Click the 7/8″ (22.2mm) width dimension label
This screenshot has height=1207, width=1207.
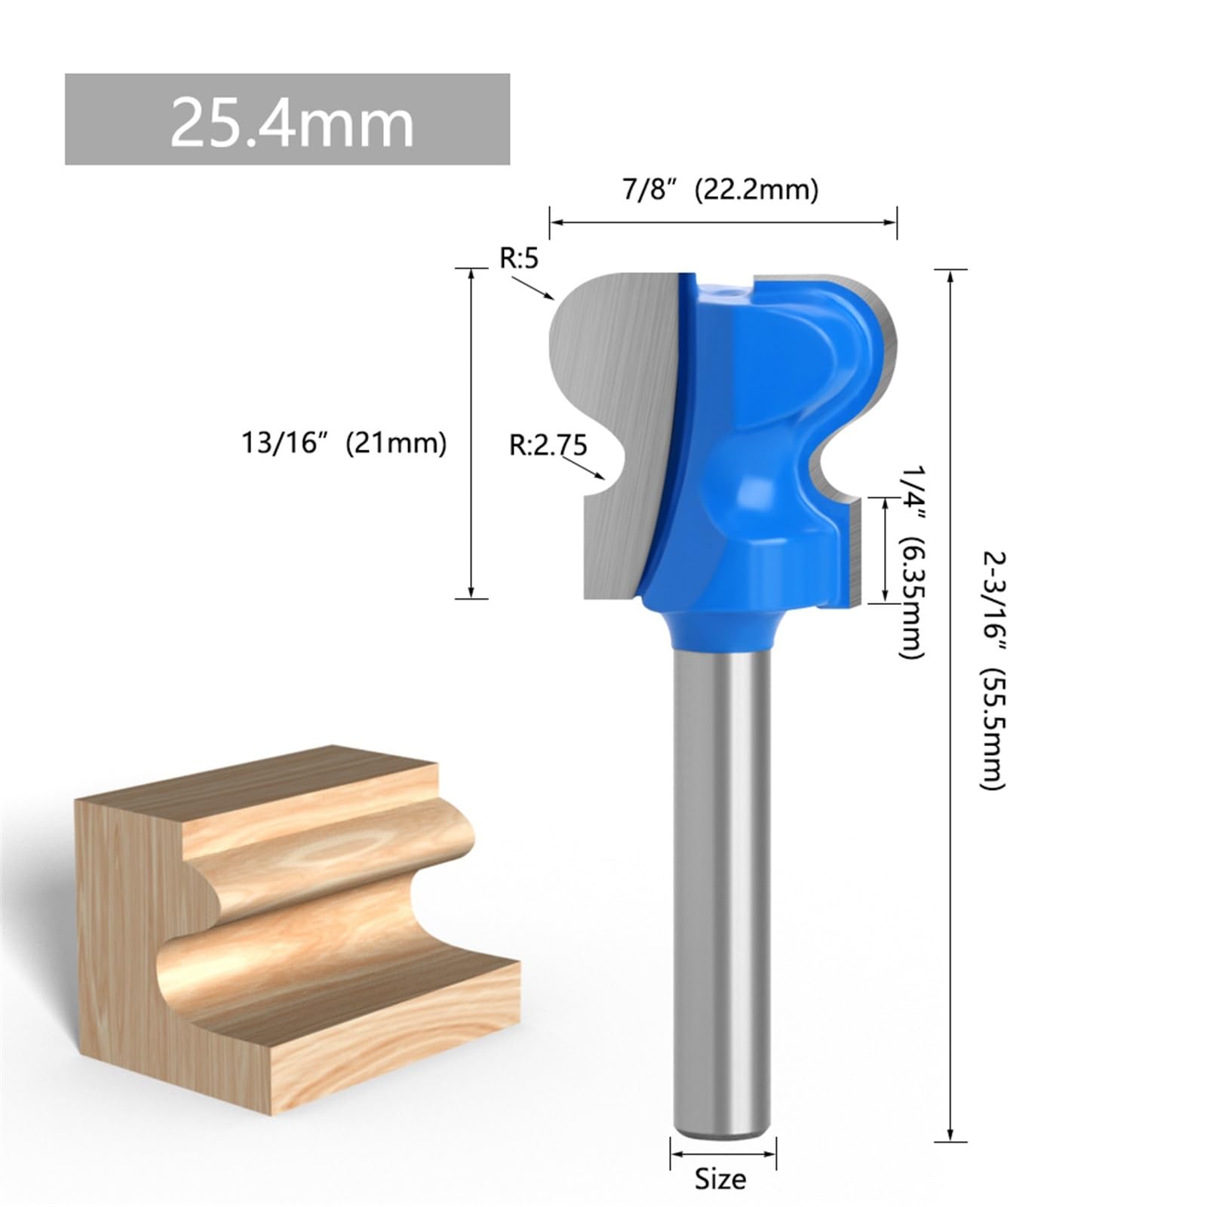click(720, 189)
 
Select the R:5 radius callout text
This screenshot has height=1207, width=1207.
click(520, 259)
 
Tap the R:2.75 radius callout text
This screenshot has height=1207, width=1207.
click(548, 444)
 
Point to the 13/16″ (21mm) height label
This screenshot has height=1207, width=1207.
click(344, 442)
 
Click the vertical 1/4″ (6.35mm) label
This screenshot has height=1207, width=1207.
click(911, 562)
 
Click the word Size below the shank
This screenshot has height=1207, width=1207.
click(720, 1178)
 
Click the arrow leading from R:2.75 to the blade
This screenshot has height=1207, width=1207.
click(584, 467)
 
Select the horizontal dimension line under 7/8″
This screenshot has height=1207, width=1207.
click(723, 222)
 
